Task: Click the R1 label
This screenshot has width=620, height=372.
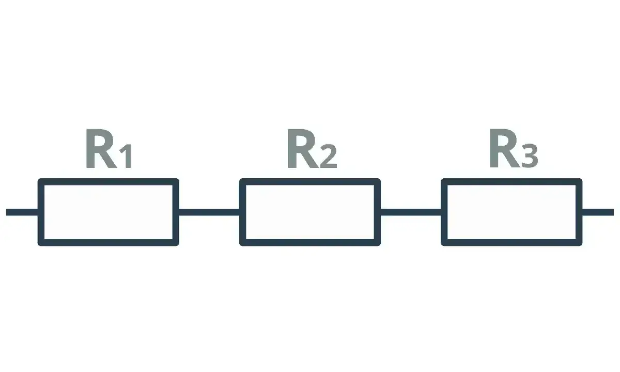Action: [109, 148]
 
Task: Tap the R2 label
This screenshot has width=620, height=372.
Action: [312, 148]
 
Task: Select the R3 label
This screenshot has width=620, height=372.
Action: [514, 148]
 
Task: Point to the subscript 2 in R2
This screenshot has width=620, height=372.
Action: [329, 157]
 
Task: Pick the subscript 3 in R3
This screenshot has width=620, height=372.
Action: [530, 157]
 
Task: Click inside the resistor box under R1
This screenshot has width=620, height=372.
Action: [109, 212]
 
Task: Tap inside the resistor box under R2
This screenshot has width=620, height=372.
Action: [310, 212]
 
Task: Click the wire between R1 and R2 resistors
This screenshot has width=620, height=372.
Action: [209, 212]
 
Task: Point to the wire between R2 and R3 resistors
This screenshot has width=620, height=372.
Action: [411, 212]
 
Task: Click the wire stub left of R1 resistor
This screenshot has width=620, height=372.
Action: [22, 212]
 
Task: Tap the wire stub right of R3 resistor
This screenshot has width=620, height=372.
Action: [598, 212]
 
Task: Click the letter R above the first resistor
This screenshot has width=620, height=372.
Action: [100, 148]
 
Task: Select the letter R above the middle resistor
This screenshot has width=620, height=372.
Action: [303, 148]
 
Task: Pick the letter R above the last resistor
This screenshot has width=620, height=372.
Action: [504, 148]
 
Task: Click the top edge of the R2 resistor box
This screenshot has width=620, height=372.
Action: [310, 182]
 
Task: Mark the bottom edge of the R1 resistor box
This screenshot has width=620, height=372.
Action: [109, 242]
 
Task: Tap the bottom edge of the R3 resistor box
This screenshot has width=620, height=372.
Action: [512, 242]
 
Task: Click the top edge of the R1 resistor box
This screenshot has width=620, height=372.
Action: [109, 182]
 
